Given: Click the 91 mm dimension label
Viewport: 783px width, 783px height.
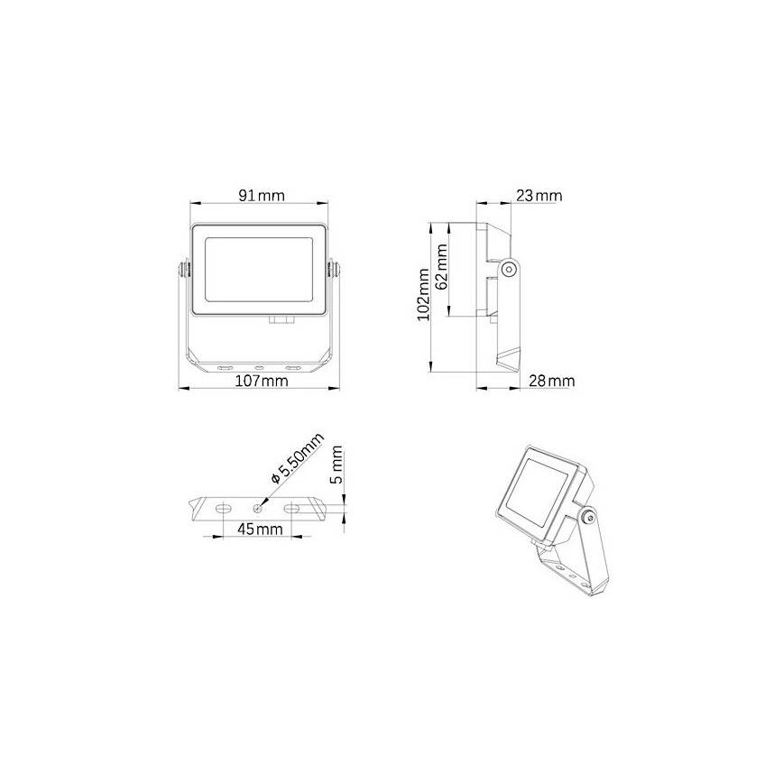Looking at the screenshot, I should click(262, 196).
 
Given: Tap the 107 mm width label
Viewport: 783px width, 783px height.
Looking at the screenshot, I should click(262, 382).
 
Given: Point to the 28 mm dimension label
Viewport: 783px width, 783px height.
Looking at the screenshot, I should click(552, 382).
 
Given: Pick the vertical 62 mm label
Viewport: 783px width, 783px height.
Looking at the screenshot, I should click(441, 268).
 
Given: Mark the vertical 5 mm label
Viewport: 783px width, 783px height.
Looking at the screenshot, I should click(337, 464).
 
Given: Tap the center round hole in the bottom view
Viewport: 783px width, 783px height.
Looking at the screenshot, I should click(257, 509).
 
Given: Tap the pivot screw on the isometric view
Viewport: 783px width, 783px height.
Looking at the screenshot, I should click(589, 518).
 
